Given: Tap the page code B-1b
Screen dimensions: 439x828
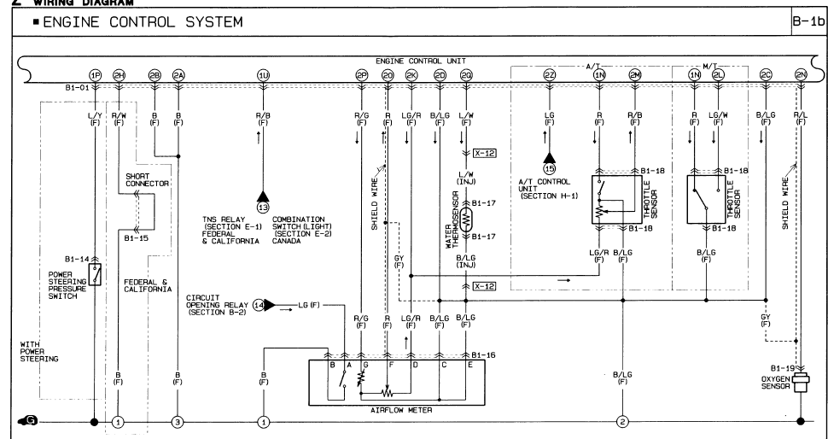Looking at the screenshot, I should click(811, 20).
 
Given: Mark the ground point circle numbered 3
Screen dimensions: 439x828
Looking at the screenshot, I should click(178, 421).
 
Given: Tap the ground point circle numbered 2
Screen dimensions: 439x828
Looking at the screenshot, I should click(623, 421).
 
